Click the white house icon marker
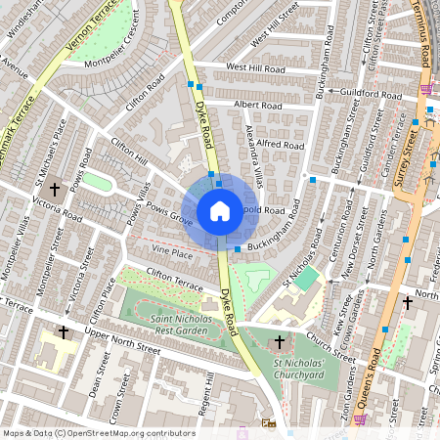[220, 211]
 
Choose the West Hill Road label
[254, 66]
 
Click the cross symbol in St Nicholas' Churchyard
[281, 342]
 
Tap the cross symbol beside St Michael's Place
[55, 188]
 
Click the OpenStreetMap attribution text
[98, 433]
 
